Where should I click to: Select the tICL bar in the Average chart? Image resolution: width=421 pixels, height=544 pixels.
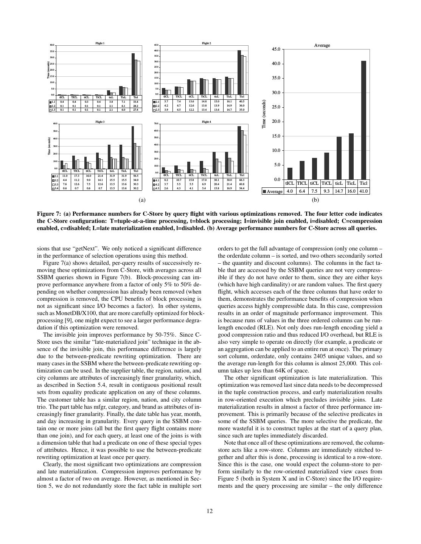coord(290,173)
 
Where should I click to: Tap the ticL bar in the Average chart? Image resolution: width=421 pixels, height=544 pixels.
coord(339,158)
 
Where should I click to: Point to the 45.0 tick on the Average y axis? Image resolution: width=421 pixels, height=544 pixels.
coord(276,49)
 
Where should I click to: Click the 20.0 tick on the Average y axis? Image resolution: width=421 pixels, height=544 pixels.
coord(276,122)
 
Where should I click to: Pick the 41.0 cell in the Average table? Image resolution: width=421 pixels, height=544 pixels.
coord(364,191)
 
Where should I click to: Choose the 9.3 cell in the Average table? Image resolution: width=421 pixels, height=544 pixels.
coord(326,191)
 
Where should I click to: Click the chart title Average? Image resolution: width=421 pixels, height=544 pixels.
coord(322,45)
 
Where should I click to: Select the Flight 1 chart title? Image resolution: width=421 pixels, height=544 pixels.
coord(100,43)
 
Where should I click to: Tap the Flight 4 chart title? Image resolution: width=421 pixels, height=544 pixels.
coord(206,122)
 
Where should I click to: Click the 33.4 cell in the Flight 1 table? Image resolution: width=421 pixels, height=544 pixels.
coord(136,102)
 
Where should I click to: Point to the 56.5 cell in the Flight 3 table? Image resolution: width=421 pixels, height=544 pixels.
coord(136,176)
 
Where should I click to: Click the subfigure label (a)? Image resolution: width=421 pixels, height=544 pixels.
coord(142,200)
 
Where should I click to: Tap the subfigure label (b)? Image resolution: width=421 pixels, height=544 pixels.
coord(315,200)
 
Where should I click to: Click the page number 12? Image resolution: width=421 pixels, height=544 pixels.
coord(210,511)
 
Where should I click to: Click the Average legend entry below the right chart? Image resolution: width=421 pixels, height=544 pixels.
coord(273,192)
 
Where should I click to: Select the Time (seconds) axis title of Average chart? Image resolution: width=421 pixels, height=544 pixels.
coord(264,114)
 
